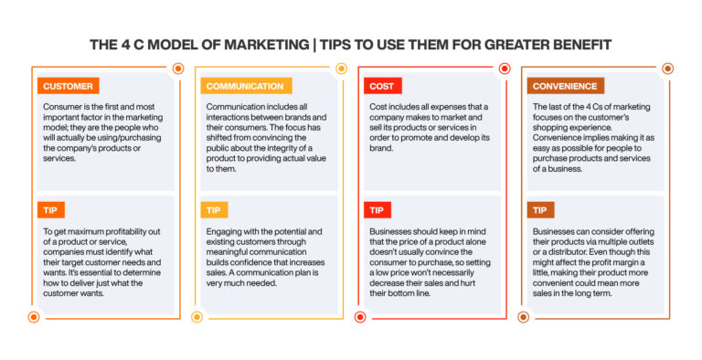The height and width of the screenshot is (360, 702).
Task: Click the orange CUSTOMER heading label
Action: tap(69, 87)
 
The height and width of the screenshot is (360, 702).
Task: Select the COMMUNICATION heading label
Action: tap(244, 87)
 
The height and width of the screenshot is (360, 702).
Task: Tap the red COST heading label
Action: tap(382, 87)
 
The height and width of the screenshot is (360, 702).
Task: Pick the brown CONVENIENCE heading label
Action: tap(565, 87)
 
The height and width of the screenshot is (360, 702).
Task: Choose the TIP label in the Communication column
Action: tap(215, 210)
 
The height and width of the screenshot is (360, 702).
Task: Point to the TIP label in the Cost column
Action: tap(378, 210)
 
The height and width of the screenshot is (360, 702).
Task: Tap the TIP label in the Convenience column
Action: tap(539, 210)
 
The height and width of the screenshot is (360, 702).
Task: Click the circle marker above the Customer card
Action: tap(178, 69)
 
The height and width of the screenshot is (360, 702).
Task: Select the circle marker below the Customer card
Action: tap(34, 317)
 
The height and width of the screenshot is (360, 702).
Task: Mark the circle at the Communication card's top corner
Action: tap(341, 69)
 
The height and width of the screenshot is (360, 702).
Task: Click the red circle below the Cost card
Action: tap(360, 317)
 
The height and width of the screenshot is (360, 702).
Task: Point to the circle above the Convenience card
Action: tap(667, 69)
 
